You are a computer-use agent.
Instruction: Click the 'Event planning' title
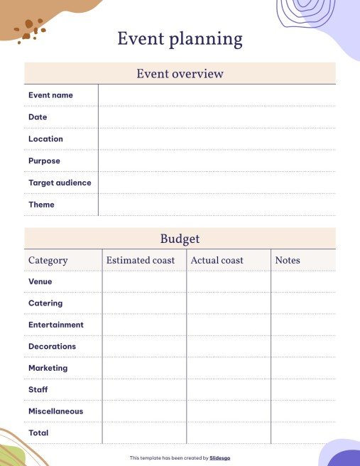pos(180,39)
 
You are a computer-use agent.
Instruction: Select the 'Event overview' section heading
pos(180,74)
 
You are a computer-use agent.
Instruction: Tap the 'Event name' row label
pos(50,95)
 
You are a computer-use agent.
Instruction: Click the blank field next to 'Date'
pos(217,117)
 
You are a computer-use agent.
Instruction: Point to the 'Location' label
pos(45,139)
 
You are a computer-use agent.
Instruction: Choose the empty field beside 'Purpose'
pos(217,161)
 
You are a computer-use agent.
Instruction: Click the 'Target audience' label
pos(60,183)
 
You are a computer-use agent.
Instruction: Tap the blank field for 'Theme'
pos(217,205)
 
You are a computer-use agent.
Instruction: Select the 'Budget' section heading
pos(180,239)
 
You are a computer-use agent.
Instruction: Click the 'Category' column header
pos(48,261)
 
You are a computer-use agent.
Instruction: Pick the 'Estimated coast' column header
pos(141,261)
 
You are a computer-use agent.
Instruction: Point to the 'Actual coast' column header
pos(217,261)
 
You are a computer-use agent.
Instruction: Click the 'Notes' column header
pos(288,261)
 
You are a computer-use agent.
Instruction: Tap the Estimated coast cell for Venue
pos(144,282)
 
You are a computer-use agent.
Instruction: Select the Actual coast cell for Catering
pos(229,303)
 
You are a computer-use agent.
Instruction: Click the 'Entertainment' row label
pos(56,325)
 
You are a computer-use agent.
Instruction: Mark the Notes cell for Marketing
pos(303,368)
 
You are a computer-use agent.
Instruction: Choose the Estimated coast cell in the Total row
pos(144,433)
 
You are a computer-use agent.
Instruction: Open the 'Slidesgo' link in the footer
pos(220,458)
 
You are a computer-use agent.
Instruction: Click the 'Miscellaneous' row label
pos(55,411)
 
